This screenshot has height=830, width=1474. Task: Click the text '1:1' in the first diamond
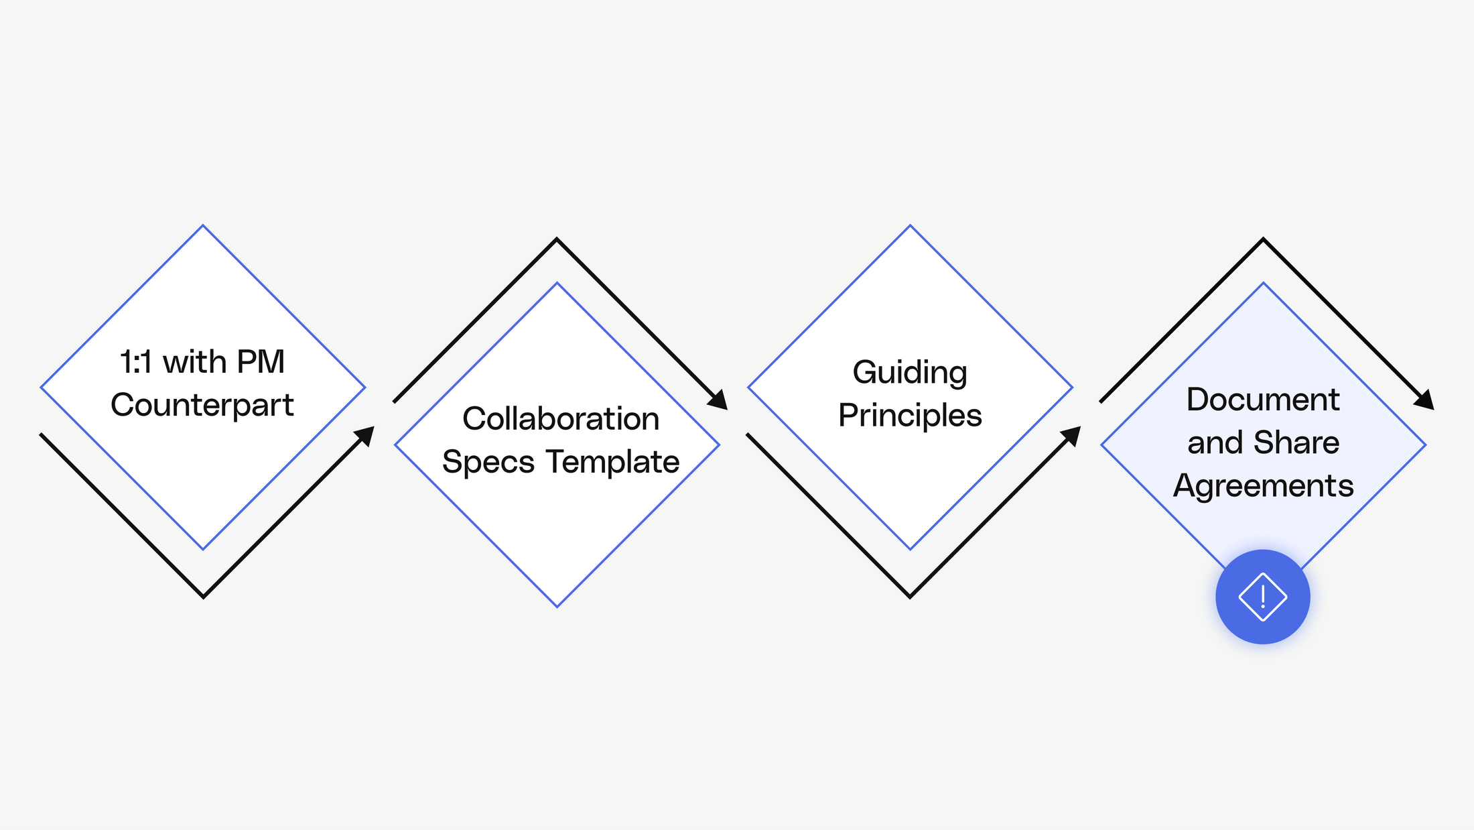click(136, 362)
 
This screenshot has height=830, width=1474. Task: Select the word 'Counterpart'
click(202, 405)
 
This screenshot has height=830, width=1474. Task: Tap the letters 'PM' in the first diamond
click(261, 362)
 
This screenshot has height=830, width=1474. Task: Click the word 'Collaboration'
click(561, 419)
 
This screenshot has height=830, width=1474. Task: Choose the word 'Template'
click(612, 462)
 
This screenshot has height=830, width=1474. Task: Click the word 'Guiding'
click(910, 373)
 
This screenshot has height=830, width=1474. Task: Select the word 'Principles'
click(910, 416)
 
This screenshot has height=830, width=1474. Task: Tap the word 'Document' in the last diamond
click(1263, 400)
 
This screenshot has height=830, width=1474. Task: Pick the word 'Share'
click(1296, 442)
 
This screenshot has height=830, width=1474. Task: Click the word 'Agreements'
click(1263, 486)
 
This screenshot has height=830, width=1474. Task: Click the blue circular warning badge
click(1263, 597)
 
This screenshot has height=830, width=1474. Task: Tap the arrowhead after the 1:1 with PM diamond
click(365, 435)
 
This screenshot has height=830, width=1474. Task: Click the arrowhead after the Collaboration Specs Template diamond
click(719, 401)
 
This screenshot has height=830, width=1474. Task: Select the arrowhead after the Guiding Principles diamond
click(1073, 435)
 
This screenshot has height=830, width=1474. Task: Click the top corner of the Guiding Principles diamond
click(910, 226)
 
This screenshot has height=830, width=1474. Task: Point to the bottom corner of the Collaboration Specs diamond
click(557, 606)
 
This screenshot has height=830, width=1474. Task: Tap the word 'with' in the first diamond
click(194, 362)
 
